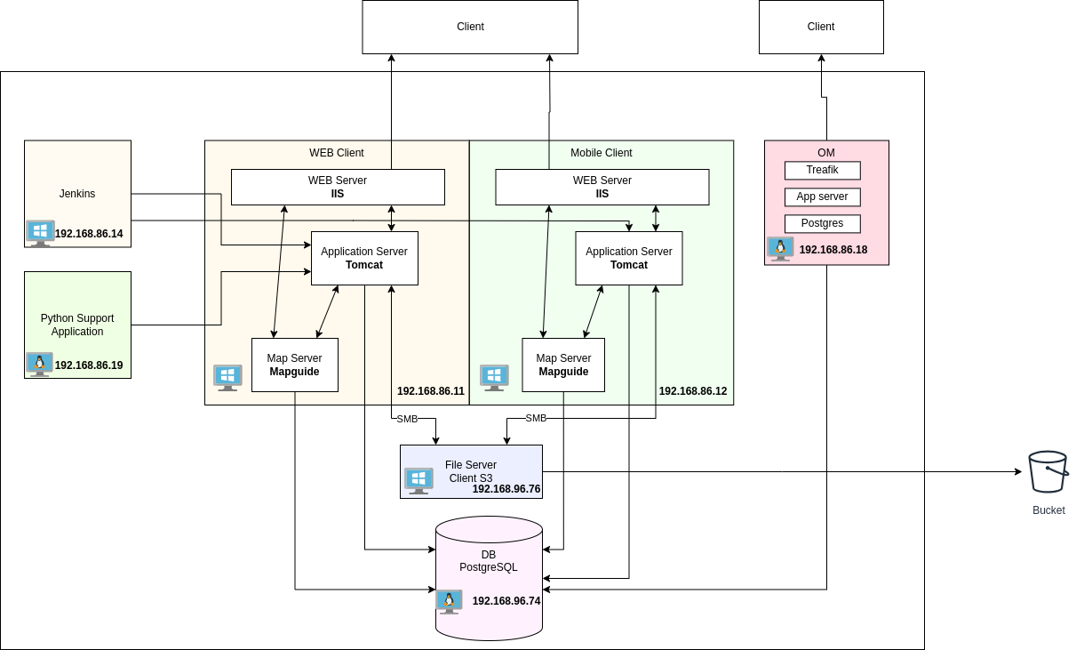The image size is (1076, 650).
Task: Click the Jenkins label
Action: coord(77,194)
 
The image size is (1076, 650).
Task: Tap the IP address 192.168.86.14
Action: coord(89,234)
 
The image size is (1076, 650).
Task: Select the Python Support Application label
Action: coord(77,325)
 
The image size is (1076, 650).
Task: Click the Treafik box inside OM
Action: coord(822,170)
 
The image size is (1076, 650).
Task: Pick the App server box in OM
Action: coord(822,197)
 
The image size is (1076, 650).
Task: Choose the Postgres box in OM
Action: coord(822,223)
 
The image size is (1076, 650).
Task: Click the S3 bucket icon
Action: coord(1048,471)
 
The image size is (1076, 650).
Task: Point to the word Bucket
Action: coord(1048,510)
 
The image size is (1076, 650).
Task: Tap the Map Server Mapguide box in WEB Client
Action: coord(294,365)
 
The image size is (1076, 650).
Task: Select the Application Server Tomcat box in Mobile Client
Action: coord(628,258)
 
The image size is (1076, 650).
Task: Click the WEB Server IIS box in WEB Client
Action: coord(338,187)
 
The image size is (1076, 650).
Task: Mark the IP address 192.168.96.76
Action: coord(506,489)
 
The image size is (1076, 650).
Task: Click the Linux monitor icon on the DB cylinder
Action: coord(449,602)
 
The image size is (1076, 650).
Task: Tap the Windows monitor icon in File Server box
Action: coord(418,480)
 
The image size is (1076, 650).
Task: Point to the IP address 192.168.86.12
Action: coord(692,391)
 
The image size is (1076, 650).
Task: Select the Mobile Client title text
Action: coord(601,153)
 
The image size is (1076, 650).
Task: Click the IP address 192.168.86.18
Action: coord(833,250)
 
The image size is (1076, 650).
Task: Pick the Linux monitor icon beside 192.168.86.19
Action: coord(39,365)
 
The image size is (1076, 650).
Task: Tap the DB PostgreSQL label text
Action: coord(488,561)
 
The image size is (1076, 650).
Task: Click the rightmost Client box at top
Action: coord(820,27)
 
